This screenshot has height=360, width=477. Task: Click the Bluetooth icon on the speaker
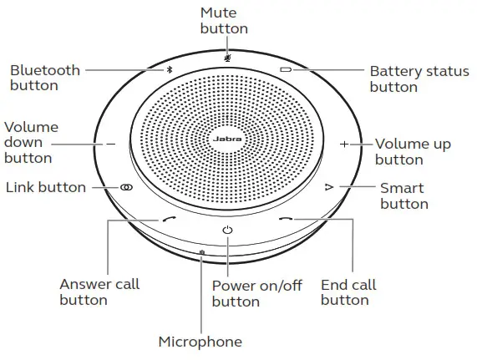170,70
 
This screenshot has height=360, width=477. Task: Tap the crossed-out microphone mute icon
227,57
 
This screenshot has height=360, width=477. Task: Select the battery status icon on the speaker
286,70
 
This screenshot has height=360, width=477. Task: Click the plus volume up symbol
344,144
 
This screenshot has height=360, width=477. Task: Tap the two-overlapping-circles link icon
126,187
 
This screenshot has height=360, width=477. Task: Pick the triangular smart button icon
329,187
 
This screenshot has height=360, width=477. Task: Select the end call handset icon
286,219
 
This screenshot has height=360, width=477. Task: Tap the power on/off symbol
227,231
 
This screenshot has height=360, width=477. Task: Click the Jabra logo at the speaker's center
227,139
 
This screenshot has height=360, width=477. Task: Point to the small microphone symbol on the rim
202,252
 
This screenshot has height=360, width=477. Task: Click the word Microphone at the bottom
200,342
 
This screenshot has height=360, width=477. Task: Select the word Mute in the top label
218,13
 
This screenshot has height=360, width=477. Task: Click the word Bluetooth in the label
45,70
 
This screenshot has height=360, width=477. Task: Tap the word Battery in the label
395,72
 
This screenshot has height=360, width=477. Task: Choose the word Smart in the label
402,188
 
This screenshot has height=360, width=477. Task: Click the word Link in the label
20,187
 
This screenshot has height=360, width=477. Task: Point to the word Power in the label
233,286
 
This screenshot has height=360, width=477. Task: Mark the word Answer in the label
85,284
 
